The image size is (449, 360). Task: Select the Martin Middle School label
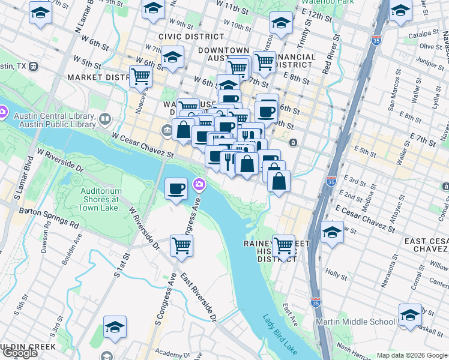(356, 322)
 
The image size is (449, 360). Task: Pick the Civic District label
(182, 37)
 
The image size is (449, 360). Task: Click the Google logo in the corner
(20, 353)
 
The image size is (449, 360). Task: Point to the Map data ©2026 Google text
(411, 355)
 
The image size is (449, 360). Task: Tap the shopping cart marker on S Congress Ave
(181, 244)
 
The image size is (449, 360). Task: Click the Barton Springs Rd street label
(49, 217)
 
